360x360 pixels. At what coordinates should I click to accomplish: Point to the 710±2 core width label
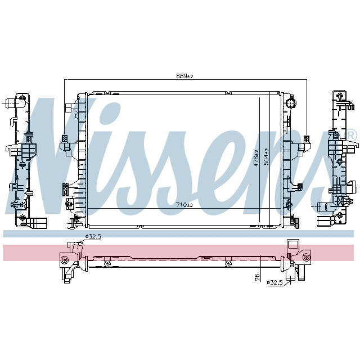(184, 205)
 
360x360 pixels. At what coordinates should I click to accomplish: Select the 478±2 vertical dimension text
(256, 158)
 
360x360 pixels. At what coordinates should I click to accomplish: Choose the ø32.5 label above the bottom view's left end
(93, 237)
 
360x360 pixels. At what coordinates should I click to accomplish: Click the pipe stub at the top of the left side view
(13, 103)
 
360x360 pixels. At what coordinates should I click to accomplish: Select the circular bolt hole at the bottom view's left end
(64, 259)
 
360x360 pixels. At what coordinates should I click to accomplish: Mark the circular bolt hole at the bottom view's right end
(307, 259)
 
